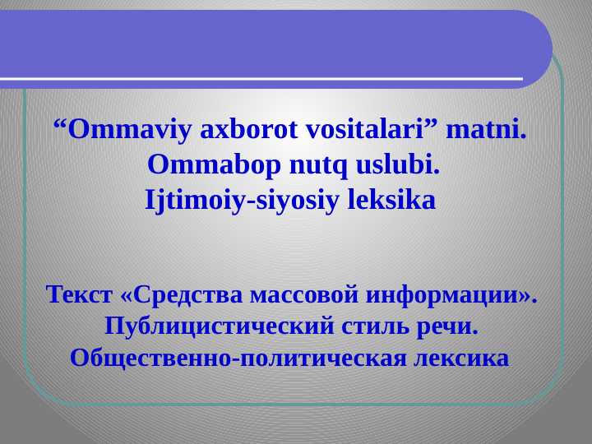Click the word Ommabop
point(214,165)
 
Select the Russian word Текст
point(80,294)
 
